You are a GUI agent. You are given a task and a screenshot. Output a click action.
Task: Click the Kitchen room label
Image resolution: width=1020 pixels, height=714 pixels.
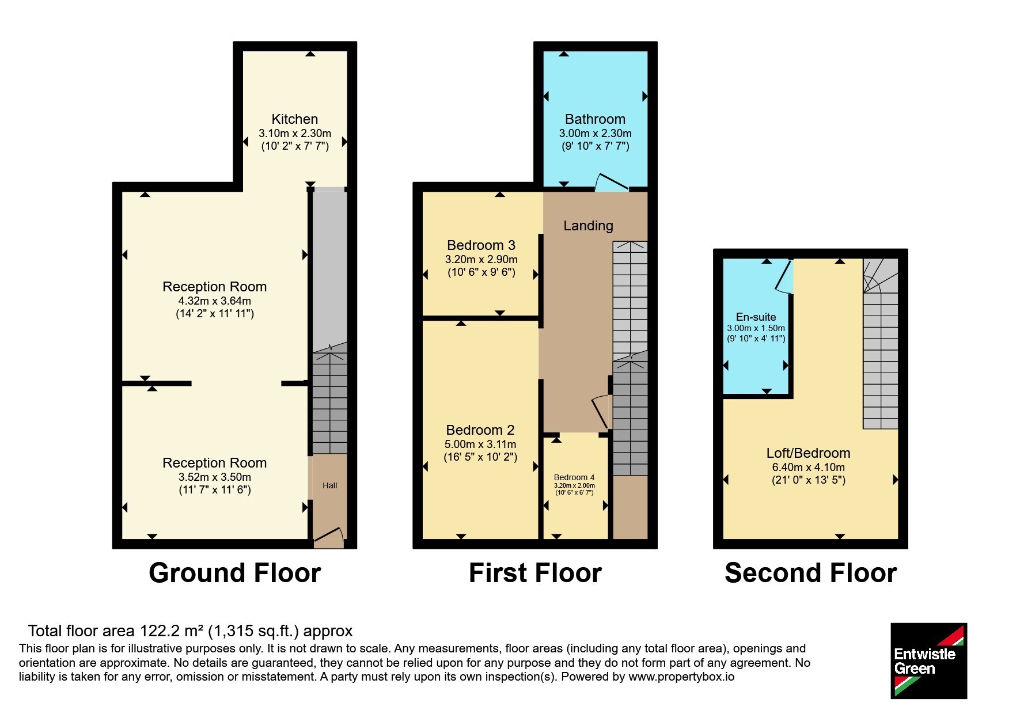[x=294, y=119]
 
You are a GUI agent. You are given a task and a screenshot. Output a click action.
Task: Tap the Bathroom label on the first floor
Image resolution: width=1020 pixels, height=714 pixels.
[x=595, y=119]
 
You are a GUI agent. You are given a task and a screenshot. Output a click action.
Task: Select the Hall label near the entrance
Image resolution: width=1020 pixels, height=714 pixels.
[x=330, y=485]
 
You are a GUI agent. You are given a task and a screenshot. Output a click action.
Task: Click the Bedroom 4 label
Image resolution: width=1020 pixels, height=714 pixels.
[x=574, y=477]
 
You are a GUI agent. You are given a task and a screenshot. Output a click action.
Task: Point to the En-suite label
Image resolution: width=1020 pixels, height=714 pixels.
[x=756, y=317]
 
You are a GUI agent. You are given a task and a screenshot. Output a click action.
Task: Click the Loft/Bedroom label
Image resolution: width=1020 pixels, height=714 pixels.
[x=808, y=453]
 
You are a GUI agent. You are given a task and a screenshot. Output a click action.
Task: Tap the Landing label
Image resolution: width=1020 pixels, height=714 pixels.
[x=588, y=226]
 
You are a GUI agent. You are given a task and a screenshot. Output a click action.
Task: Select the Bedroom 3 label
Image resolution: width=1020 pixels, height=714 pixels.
[x=481, y=245]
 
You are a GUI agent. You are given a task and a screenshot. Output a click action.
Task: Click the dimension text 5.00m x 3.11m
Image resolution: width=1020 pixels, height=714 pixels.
[x=480, y=444]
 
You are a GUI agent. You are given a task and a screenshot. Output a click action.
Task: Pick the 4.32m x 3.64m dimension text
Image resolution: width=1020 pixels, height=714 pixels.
[x=215, y=301]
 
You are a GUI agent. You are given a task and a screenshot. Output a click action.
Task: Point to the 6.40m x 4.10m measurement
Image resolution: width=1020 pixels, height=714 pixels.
[x=809, y=467]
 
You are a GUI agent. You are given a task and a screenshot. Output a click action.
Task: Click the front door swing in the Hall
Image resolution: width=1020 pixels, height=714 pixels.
[x=329, y=537]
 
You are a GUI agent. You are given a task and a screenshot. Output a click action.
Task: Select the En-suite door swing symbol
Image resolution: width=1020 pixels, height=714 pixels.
[x=784, y=276]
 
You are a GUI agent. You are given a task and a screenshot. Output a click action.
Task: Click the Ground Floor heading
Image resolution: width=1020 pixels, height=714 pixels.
[x=235, y=573]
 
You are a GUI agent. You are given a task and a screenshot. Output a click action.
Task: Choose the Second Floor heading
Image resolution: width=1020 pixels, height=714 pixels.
[x=811, y=573]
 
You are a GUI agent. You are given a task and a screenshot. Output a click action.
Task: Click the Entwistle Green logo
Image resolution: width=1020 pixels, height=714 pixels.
[x=928, y=661]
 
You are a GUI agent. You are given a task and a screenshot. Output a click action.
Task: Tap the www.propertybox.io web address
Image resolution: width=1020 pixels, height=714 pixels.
[x=681, y=677]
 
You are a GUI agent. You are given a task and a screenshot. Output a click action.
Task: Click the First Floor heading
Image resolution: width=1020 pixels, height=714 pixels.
[x=535, y=573]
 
